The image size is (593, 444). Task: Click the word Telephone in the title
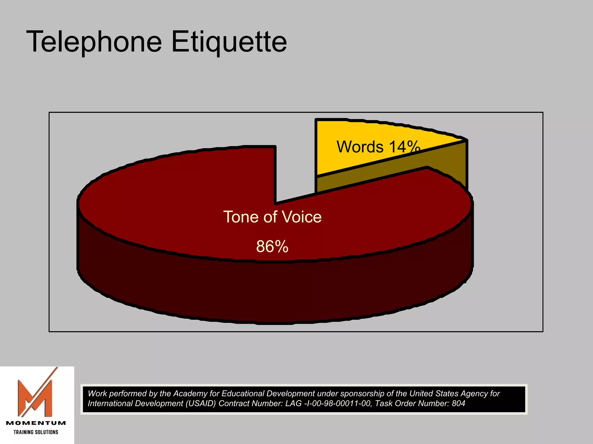point(94,42)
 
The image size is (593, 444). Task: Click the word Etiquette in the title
point(229,42)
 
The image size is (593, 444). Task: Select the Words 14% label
point(378,147)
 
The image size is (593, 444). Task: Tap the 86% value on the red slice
point(272,247)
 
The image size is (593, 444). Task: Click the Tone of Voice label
point(272,217)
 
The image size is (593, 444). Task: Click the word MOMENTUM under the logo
point(36,423)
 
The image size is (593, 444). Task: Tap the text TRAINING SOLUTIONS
point(36,432)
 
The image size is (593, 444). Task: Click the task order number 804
point(458,404)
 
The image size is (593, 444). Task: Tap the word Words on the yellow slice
point(360,147)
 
